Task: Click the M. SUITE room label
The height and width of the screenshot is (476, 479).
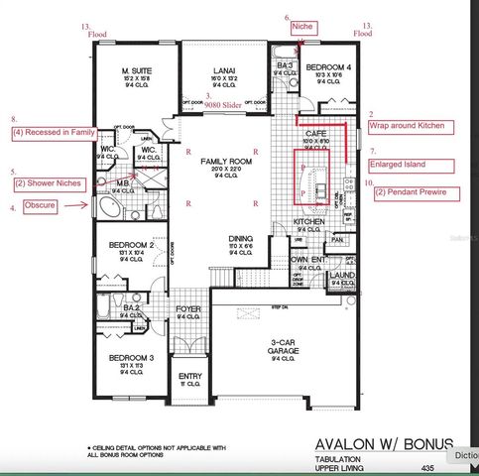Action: (x=138, y=72)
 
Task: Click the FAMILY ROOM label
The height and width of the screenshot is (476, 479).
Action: (x=222, y=161)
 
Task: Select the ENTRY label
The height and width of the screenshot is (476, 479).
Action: (x=189, y=377)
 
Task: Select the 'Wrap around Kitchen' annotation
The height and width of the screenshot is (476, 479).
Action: (x=412, y=127)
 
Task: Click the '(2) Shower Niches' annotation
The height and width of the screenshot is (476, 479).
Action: (x=49, y=183)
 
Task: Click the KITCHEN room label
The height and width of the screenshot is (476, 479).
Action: (x=310, y=221)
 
